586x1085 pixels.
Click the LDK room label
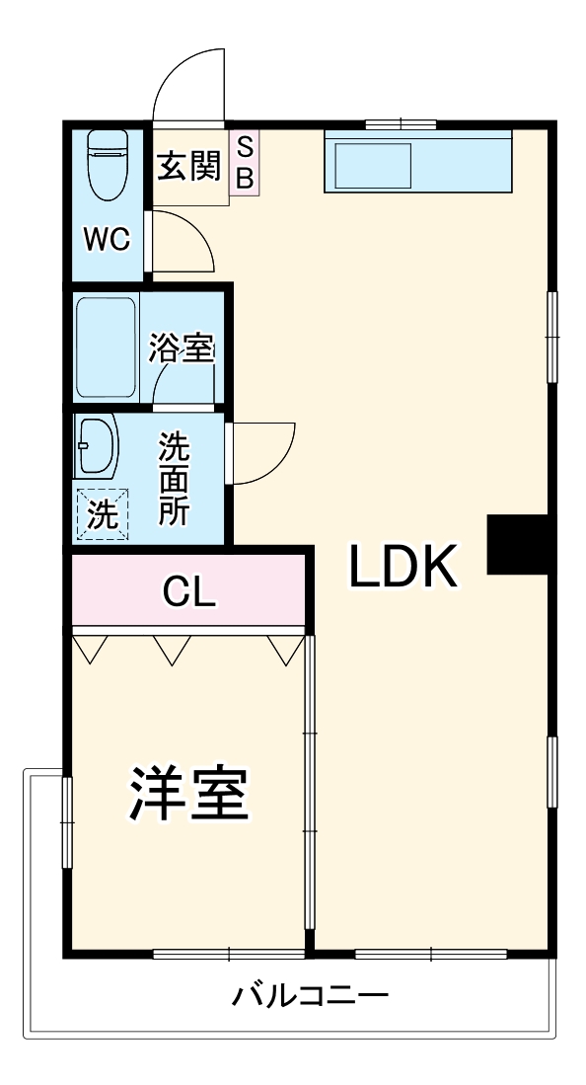click(x=403, y=568)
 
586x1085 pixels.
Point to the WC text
click(x=106, y=240)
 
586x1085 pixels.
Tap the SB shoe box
click(x=245, y=163)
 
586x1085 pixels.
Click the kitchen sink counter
click(x=418, y=161)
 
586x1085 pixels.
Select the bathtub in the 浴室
click(x=105, y=347)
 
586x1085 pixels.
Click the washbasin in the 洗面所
click(x=96, y=447)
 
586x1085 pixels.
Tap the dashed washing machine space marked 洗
click(x=102, y=513)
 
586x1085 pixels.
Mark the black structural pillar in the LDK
click(x=518, y=544)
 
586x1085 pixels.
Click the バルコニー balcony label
click(x=310, y=995)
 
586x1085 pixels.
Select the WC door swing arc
click(x=183, y=242)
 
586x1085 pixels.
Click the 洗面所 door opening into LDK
click(x=261, y=452)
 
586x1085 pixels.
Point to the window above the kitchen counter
click(x=401, y=124)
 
